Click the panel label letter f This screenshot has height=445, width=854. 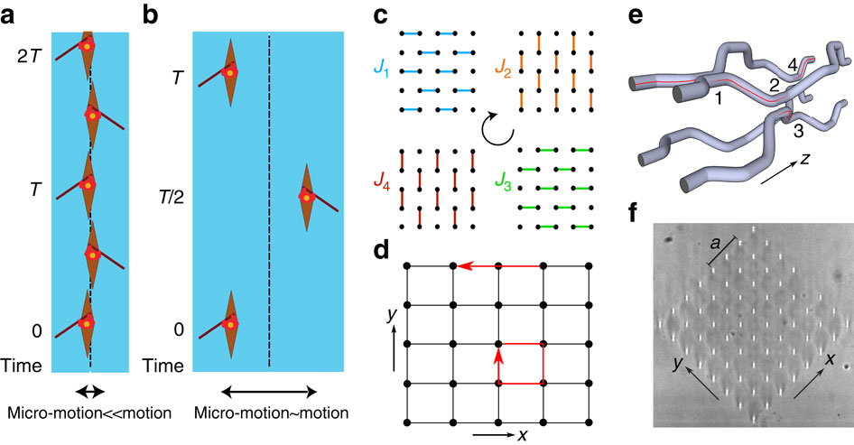(x=637, y=215)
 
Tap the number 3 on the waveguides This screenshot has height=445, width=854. (x=797, y=132)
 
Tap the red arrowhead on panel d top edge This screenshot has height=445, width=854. (x=461, y=265)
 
